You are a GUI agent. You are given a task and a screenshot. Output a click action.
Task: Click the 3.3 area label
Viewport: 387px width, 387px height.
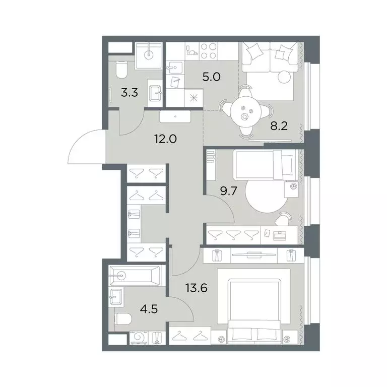click(x=130, y=93)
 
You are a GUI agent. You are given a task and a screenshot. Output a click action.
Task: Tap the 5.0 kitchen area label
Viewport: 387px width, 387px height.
click(x=211, y=77)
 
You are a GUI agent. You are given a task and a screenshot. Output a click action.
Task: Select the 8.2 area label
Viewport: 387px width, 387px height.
click(x=279, y=126)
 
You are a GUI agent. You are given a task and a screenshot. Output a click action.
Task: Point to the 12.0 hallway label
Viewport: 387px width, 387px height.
click(x=165, y=139)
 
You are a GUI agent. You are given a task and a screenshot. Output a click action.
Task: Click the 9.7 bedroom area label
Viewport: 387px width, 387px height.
click(x=229, y=191)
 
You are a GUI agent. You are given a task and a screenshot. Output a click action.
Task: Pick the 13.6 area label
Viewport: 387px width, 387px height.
click(x=197, y=288)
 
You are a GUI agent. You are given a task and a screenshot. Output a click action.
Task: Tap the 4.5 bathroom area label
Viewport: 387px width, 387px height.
click(x=149, y=309)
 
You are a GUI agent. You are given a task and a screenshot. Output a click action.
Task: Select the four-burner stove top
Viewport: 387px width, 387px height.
click(x=208, y=51)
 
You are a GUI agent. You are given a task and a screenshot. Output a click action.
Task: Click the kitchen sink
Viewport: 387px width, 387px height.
click(x=174, y=67)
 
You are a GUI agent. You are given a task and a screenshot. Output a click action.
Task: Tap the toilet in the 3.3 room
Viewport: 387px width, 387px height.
click(x=121, y=70)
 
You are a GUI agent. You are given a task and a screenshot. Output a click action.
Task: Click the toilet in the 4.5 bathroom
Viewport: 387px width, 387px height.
click(x=123, y=319)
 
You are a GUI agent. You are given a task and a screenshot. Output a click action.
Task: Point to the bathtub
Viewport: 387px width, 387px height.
click(x=134, y=276)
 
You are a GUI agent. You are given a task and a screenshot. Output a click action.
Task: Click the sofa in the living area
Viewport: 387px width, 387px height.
click(x=270, y=57)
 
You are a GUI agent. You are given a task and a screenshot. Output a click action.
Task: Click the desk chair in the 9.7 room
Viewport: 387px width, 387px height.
click(x=283, y=219)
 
